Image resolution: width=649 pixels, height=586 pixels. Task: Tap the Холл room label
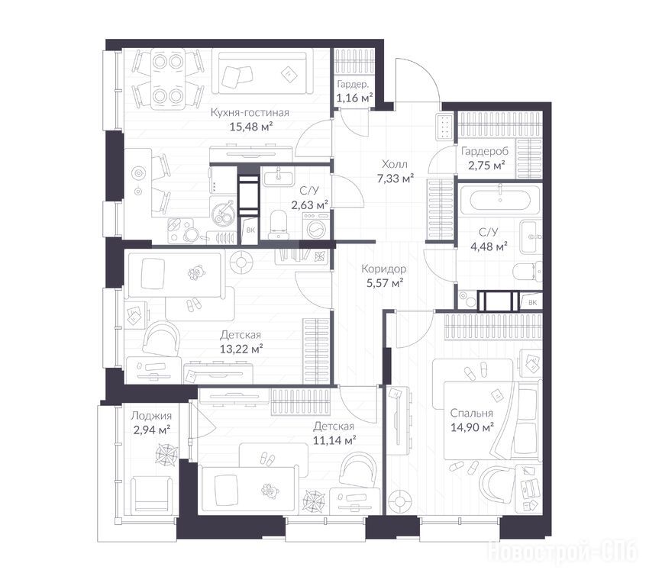395,164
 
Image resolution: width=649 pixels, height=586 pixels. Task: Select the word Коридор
384,269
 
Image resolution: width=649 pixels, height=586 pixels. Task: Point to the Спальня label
471,413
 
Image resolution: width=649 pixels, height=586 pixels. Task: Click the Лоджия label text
151,416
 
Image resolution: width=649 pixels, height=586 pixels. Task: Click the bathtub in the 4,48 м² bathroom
500,200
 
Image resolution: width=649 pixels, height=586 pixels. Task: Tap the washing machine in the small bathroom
316,226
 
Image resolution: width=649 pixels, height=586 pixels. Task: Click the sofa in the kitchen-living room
263,71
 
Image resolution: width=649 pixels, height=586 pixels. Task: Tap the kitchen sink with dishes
224,211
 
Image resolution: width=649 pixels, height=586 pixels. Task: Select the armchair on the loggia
151,494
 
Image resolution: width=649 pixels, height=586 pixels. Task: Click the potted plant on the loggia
166,453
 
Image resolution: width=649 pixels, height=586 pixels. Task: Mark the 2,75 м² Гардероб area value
487,166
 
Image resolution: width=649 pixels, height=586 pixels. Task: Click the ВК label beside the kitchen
250,230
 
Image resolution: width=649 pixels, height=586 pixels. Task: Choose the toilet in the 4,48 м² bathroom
528,272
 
